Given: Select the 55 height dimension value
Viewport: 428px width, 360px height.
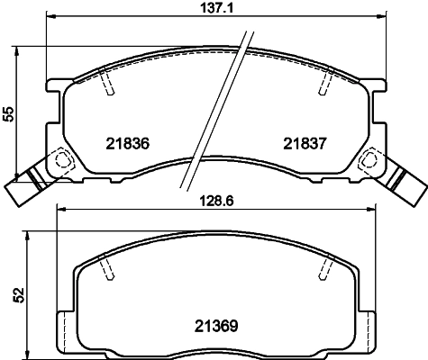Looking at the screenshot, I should pos(9,113).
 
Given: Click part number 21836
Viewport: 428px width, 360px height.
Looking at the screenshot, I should pos(127,143).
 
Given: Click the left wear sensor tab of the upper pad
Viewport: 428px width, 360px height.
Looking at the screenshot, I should pos(26,184).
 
